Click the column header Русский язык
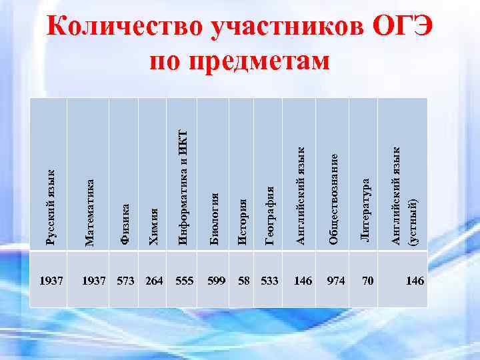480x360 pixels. pyautogui.click(x=50, y=207)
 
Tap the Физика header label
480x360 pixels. pyautogui.click(x=125, y=225)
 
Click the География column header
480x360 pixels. pyautogui.click(x=271, y=215)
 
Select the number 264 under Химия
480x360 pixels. pyautogui.click(x=154, y=281)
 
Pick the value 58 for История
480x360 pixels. pyautogui.click(x=244, y=281)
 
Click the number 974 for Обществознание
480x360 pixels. pyautogui.click(x=336, y=281)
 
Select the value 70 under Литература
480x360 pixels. pyautogui.click(x=367, y=281)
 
